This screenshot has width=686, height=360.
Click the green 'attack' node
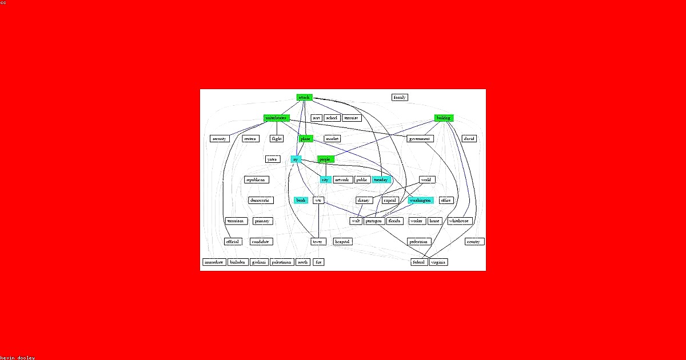pyautogui.click(x=304, y=97)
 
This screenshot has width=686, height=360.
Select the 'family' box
pyautogui.click(x=400, y=97)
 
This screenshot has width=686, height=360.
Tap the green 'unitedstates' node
pyautogui.click(x=276, y=118)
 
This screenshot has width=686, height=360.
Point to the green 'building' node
pyautogui.click(x=443, y=118)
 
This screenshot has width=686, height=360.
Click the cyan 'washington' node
pyautogui.click(x=421, y=201)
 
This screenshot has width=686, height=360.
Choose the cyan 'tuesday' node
pyautogui.click(x=381, y=179)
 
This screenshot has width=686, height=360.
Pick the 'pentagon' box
pyautogui.click(x=374, y=221)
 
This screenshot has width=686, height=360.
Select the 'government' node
pyautogui.click(x=420, y=138)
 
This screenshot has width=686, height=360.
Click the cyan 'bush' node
pyautogui.click(x=301, y=201)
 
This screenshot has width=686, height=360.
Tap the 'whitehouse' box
pyautogui.click(x=459, y=221)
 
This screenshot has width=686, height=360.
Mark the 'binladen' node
pyautogui.click(x=238, y=262)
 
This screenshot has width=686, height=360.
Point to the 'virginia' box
pyautogui.click(x=438, y=262)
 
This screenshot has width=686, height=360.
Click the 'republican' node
pyautogui.click(x=257, y=179)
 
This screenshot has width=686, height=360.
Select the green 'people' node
pyautogui.click(x=325, y=159)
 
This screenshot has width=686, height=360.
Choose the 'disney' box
pyautogui.click(x=364, y=201)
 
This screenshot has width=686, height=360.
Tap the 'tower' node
pyautogui.click(x=317, y=242)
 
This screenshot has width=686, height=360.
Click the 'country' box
pyautogui.click(x=474, y=242)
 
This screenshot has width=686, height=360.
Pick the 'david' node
pyautogui.click(x=469, y=138)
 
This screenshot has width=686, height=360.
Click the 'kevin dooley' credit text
pyautogui.click(x=17, y=357)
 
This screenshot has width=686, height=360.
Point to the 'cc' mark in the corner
pyautogui.click(x=4, y=3)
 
